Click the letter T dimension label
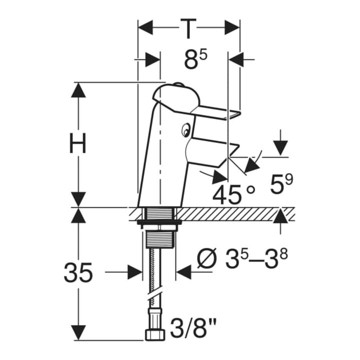[x=188, y=28]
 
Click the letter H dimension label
[x=78, y=143]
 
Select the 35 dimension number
[x=78, y=272]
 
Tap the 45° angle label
[x=233, y=194]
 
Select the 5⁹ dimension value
[x=281, y=183]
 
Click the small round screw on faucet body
[x=185, y=130]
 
